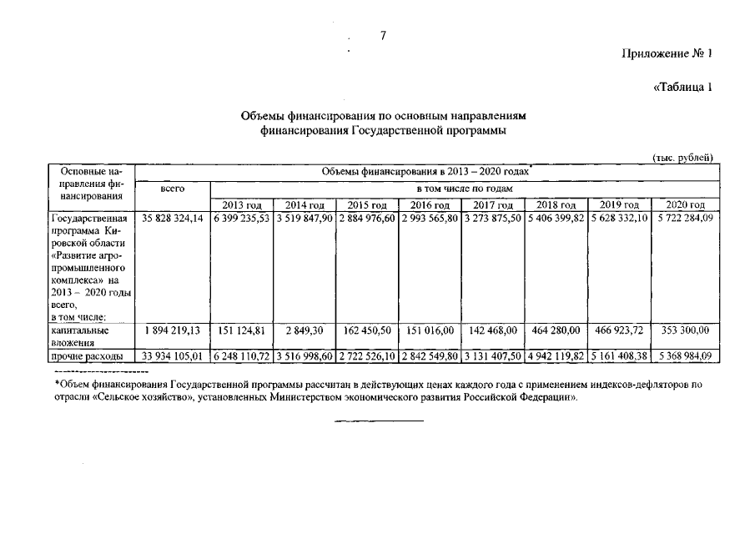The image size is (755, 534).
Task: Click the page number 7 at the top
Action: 381,35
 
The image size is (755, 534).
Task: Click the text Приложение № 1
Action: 667,54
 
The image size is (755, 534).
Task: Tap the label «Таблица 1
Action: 682,88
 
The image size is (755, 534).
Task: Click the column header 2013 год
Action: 243,205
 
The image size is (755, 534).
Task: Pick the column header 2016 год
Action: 430,205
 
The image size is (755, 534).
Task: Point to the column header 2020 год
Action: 683,205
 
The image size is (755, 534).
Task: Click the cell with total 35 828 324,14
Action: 173,219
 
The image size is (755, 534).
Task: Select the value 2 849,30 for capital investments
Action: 305,331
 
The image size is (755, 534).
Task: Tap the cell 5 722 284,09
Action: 683,219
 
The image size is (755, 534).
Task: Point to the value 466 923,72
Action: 620,331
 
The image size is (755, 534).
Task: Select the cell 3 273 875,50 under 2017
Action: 493,219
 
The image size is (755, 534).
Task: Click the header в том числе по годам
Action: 463,189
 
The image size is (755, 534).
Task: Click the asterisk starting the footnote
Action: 57,385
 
